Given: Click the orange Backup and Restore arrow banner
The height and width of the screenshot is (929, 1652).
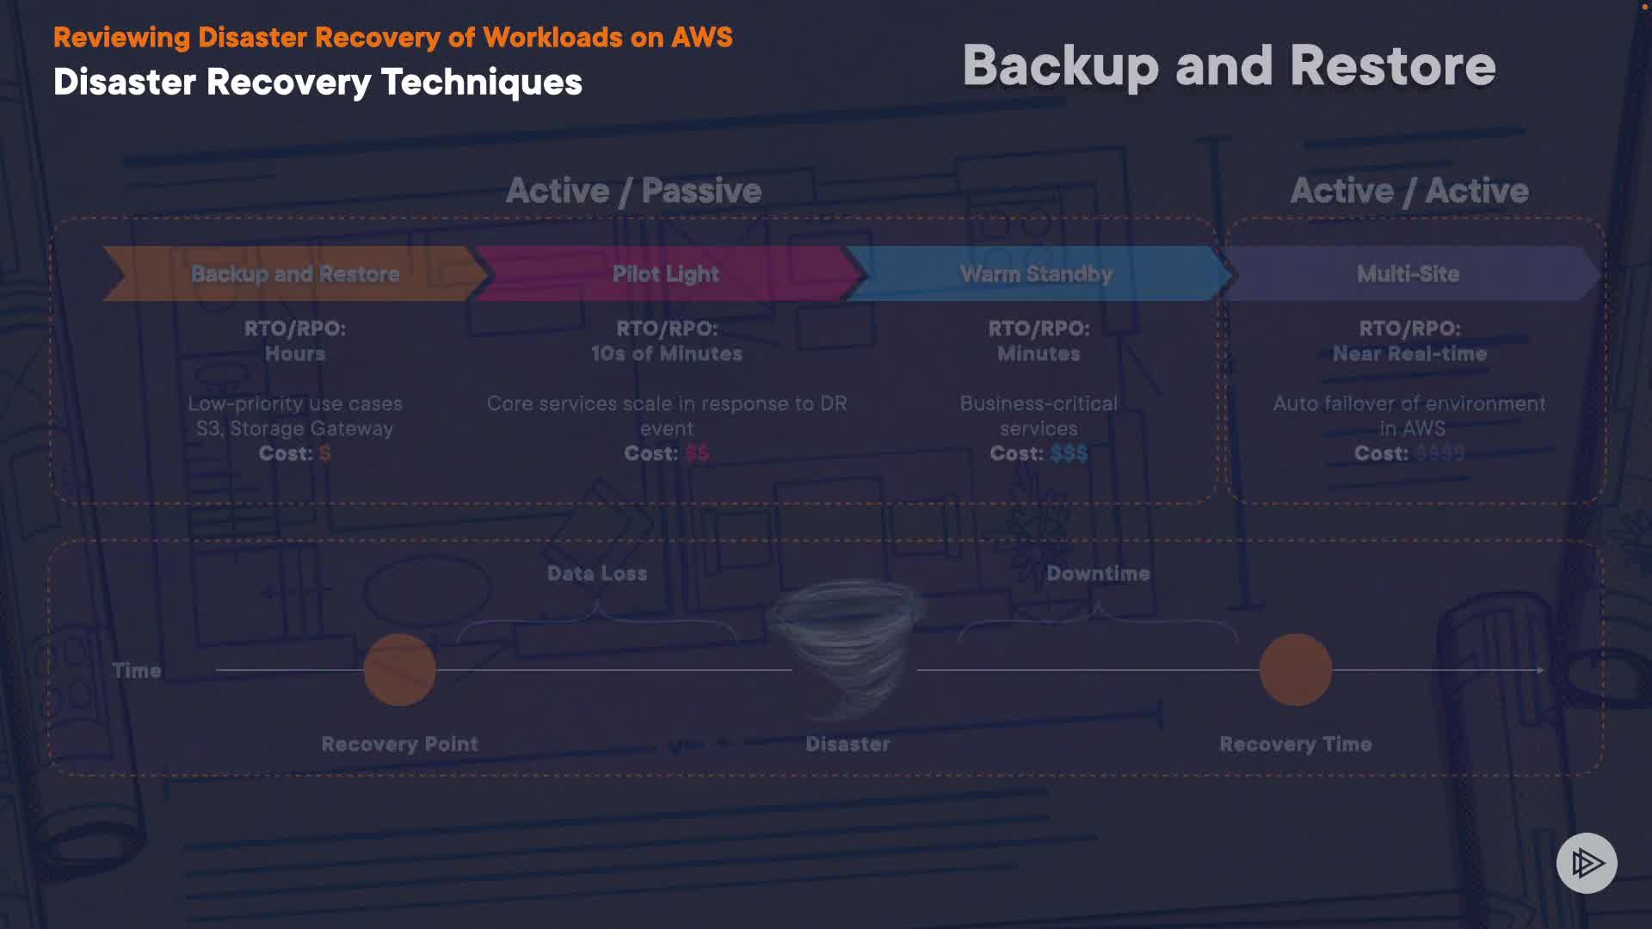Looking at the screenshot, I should tap(295, 274).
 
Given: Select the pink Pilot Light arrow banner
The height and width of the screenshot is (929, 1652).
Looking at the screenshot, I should tap(666, 274).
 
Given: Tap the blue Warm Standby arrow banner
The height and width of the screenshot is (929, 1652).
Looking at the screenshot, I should tap(1036, 274).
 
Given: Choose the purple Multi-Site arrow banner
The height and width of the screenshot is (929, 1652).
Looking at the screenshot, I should tap(1408, 274).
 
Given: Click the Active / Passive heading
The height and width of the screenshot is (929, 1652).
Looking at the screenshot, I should tap(633, 190).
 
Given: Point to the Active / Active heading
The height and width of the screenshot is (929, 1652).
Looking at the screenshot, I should tap(1409, 190).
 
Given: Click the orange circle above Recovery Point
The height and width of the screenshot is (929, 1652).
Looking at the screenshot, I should tap(400, 669).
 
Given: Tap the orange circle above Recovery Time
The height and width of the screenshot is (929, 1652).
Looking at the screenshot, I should tap(1295, 669).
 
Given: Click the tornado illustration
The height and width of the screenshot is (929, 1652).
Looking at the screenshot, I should tap(848, 645).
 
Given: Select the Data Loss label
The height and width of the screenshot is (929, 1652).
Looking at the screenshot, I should tap(597, 574).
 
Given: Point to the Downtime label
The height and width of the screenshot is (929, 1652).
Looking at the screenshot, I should tap(1098, 574).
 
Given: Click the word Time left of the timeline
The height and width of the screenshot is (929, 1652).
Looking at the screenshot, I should tap(137, 671).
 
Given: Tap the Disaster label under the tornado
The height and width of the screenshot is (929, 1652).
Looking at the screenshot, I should tap(848, 744).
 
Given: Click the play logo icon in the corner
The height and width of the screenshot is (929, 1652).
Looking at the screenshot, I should tap(1587, 863).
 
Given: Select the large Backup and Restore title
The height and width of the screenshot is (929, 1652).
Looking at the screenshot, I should tap(1229, 65).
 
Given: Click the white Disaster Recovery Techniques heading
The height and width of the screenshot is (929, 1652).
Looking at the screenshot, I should tap(317, 83).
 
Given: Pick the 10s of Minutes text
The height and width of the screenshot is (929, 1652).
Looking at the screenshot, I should tap(666, 354).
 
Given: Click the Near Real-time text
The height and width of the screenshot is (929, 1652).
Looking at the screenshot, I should tap(1409, 354).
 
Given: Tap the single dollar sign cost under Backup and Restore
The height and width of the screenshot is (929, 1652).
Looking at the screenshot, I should tap(325, 453).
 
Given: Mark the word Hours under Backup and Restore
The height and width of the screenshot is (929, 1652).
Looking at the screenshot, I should tap(295, 354).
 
